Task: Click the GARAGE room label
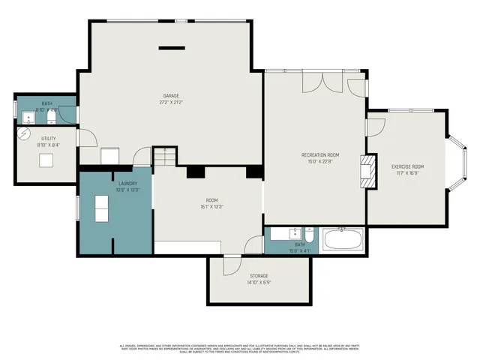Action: pyautogui.click(x=172, y=95)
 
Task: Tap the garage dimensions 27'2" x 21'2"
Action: pyautogui.click(x=172, y=103)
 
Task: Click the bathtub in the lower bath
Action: pyautogui.click(x=342, y=241)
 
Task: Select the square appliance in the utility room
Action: pyautogui.click(x=46, y=160)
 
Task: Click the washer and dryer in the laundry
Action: pyautogui.click(x=101, y=208)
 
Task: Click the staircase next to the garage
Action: pyautogui.click(x=163, y=157)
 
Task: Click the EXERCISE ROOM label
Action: pyautogui.click(x=407, y=166)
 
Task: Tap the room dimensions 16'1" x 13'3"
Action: pyautogui.click(x=212, y=208)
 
